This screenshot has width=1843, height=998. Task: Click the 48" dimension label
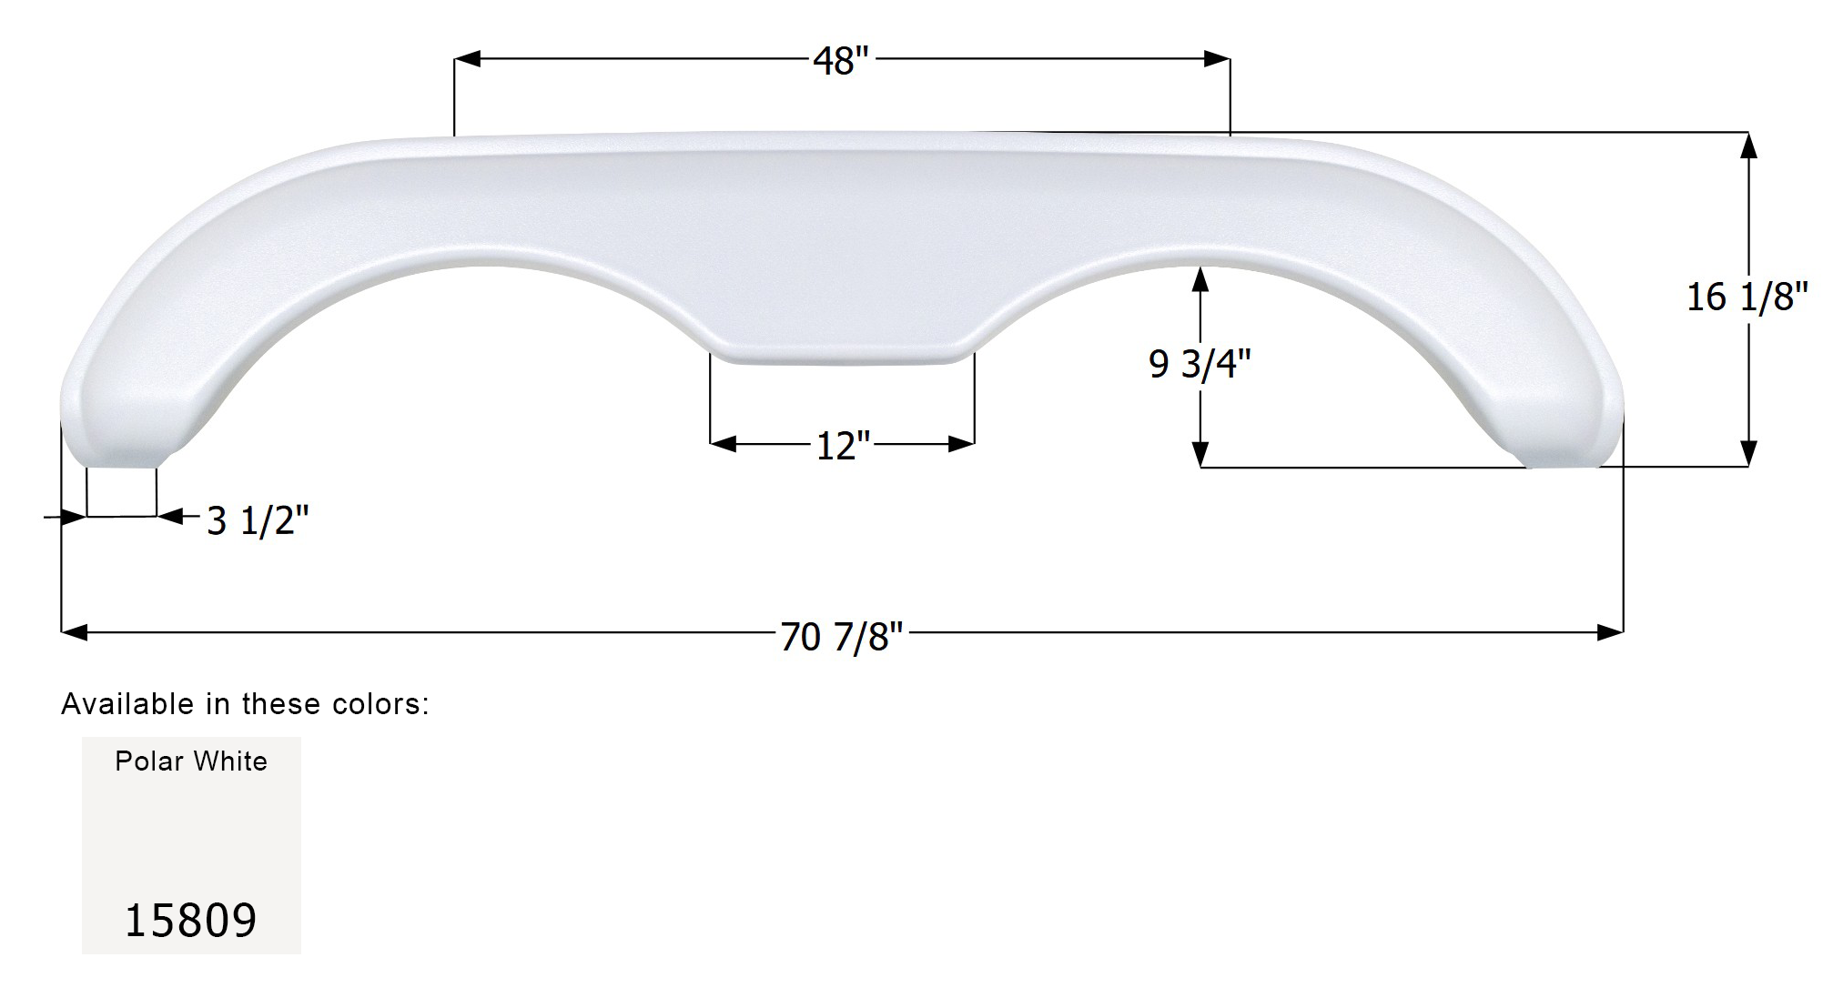tap(841, 62)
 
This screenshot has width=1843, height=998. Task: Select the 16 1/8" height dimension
tap(1747, 297)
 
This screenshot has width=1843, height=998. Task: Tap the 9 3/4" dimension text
tap(1200, 365)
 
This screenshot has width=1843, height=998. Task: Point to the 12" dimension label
tap(843, 447)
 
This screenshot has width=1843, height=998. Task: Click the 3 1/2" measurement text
tap(258, 521)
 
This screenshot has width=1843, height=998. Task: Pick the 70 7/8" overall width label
tap(841, 638)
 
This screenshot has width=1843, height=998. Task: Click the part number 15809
tap(190, 921)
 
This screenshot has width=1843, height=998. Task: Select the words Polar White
tap(191, 761)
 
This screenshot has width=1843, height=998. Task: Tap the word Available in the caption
tap(127, 704)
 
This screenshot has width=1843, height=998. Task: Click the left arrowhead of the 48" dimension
tap(467, 59)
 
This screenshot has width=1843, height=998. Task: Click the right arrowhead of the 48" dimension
tap(1217, 59)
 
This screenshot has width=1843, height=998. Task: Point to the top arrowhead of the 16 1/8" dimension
tap(1747, 146)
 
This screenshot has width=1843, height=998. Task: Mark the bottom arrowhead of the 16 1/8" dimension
tap(1747, 453)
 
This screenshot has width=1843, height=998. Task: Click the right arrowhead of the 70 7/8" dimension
tap(1610, 631)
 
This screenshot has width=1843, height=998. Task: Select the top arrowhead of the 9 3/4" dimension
tap(1200, 279)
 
